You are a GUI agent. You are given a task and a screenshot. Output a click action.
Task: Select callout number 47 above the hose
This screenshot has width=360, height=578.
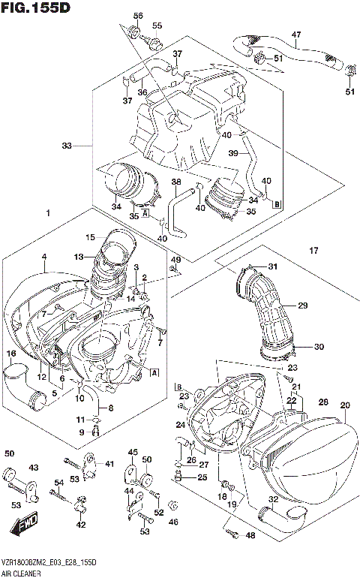click(295, 35)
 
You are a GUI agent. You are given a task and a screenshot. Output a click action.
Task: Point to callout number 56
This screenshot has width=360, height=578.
click(137, 17)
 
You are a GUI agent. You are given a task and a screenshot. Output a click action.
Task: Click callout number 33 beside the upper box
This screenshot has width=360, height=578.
click(67, 146)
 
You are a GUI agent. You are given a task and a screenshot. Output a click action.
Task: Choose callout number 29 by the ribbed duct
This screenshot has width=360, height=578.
click(303, 306)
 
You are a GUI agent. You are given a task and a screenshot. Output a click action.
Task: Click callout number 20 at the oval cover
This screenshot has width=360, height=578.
click(345, 406)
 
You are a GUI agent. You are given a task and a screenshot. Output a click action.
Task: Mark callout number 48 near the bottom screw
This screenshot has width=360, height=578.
click(250, 535)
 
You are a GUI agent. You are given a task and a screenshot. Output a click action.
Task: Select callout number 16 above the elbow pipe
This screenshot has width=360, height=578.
click(11, 354)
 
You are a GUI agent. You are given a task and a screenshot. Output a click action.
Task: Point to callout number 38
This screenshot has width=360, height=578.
click(175, 182)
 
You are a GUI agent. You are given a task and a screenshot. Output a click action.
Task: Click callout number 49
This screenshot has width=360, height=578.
click(176, 260)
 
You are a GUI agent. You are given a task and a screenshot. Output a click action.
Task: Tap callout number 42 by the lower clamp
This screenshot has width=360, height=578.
click(81, 525)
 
